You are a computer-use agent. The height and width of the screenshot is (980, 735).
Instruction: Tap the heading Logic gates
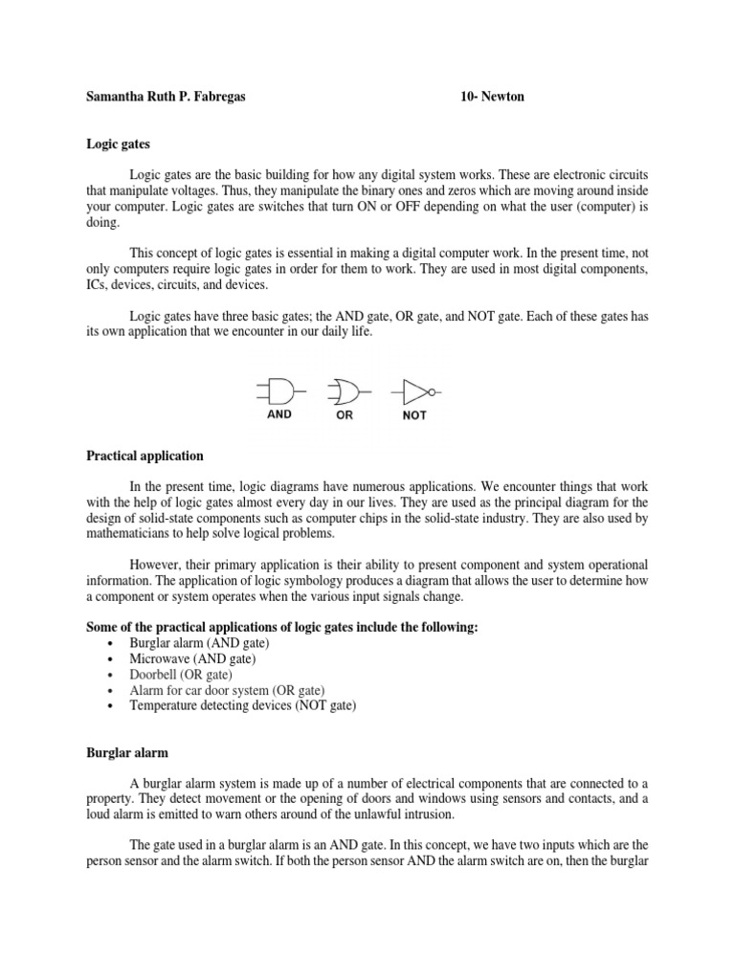coord(118,144)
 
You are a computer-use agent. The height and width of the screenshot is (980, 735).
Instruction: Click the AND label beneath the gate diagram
coord(278,414)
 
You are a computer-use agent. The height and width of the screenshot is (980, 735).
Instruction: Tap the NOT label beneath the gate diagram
coord(414,415)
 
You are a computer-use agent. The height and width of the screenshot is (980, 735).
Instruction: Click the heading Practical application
coord(145,456)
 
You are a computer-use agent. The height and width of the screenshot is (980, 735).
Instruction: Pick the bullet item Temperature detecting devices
coord(242,705)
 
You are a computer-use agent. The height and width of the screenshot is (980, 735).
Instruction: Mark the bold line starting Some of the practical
coord(281,627)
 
